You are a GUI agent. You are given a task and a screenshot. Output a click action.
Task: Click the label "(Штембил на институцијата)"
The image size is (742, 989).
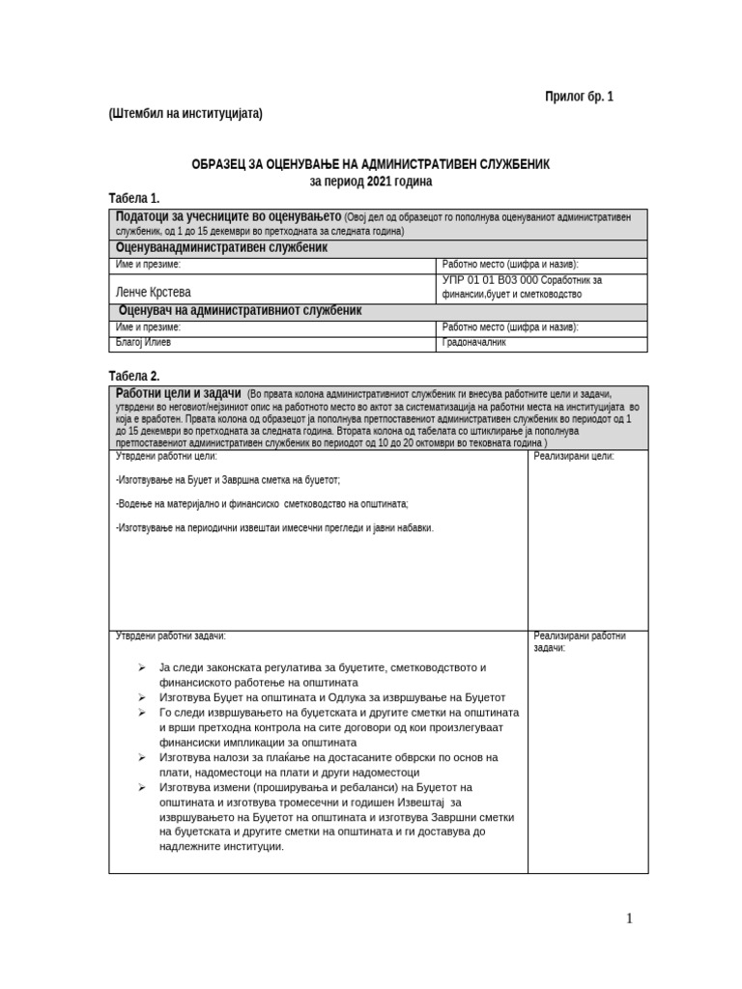point(185,113)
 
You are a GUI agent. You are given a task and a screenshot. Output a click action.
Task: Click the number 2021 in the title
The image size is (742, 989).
point(382,181)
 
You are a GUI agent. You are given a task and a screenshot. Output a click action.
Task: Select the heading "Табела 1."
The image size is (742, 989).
point(134,198)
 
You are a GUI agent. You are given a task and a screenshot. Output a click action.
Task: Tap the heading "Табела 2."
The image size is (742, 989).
point(134,375)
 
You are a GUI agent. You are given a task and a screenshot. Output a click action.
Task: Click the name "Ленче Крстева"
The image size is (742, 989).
point(154,291)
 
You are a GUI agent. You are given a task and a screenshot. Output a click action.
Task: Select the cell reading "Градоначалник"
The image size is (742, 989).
point(474,342)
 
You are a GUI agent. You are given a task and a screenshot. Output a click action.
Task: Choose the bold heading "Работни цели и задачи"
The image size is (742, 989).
point(179,393)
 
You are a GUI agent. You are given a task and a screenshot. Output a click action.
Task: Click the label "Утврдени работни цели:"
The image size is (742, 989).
point(166,456)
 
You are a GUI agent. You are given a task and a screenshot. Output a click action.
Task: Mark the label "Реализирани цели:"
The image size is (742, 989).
point(574,456)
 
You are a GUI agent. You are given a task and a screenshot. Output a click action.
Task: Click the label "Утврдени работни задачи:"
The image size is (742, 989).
point(171,636)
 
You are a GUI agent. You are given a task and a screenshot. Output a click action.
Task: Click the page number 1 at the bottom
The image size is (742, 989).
point(629,918)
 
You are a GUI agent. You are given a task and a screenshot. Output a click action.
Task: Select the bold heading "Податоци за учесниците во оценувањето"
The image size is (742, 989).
point(228,216)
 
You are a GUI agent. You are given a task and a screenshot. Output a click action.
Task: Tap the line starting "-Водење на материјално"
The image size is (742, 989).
point(261,503)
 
